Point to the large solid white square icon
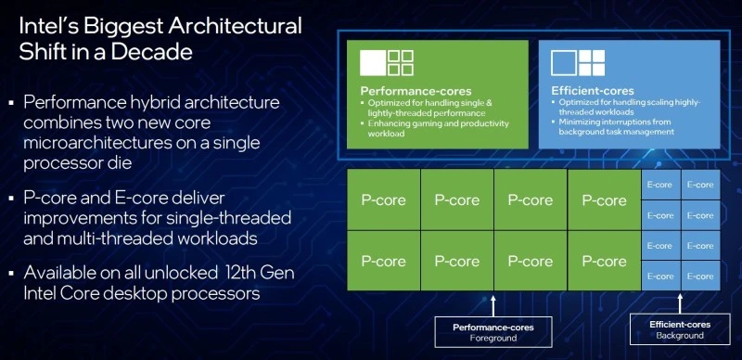pyautogui.click(x=372, y=62)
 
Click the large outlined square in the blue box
pyautogui.click(x=565, y=62)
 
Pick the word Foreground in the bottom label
pyautogui.click(x=491, y=339)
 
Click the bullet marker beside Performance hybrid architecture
pyautogui.click(x=10, y=100)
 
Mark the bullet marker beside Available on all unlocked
pyautogui.click(x=10, y=274)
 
